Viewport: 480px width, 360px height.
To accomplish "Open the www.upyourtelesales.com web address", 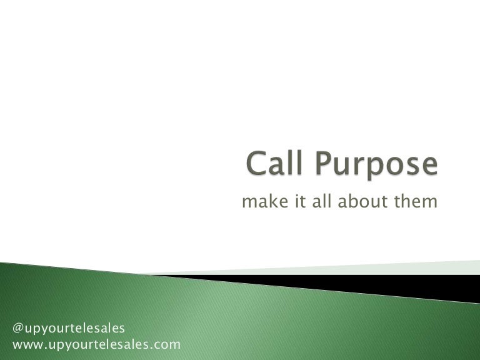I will (x=96, y=344).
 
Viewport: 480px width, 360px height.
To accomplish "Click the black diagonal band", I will (x=375, y=283).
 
